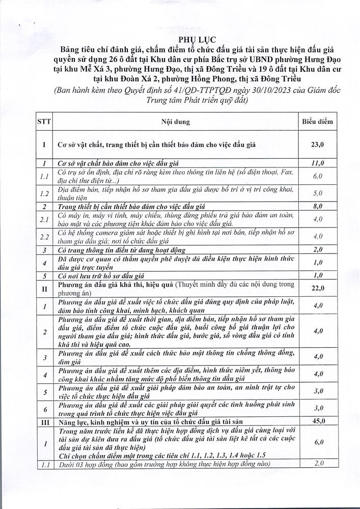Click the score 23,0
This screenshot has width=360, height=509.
(318, 145)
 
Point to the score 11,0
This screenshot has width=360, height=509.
(318, 163)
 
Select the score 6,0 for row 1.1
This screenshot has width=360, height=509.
(318, 176)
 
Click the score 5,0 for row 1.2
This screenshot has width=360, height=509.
(318, 193)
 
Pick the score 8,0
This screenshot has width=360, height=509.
(318, 206)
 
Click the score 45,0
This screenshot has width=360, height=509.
(318, 421)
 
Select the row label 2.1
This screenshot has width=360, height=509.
(44, 219)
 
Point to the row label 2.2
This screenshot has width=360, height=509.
(44, 237)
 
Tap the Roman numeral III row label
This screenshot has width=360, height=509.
(44, 422)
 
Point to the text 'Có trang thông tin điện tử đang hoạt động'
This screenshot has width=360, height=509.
(121, 250)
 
